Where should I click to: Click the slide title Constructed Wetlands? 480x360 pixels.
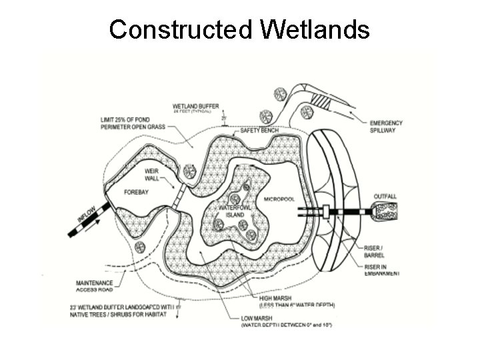point(239,29)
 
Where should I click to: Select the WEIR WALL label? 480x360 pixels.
point(154,175)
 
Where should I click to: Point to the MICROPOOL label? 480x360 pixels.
point(279,199)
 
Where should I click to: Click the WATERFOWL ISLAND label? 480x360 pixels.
point(235,212)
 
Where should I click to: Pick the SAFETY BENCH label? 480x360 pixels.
point(260,130)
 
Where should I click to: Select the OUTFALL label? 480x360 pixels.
point(385,196)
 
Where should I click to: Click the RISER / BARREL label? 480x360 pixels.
point(373,251)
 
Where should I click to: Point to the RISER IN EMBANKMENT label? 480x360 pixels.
point(381,271)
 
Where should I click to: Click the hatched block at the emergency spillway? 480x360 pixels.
point(321,101)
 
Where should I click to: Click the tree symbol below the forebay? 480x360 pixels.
point(139,247)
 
